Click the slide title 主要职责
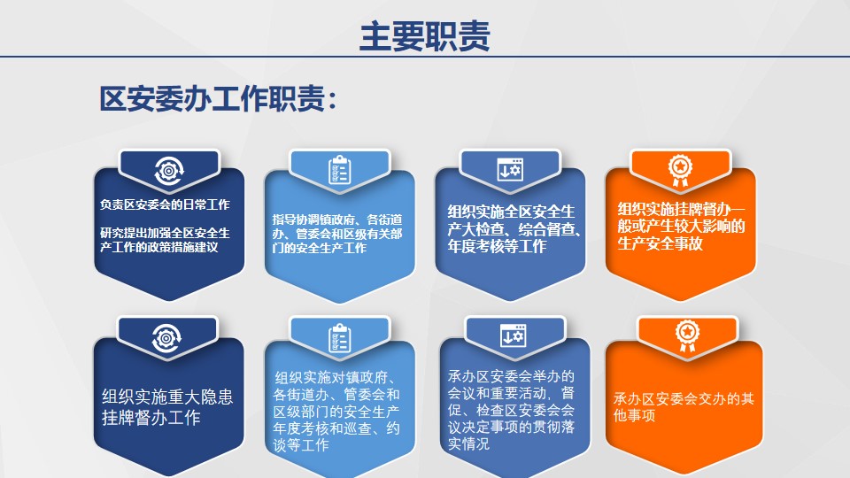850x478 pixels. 425,36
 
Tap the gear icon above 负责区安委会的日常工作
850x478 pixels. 168,171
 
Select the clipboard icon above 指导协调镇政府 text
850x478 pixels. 340,170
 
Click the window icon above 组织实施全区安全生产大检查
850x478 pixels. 510,170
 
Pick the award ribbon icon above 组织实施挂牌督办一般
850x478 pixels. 680,171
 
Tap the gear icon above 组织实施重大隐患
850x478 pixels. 166,339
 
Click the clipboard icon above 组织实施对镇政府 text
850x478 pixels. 340,338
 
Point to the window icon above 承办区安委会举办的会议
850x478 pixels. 513,336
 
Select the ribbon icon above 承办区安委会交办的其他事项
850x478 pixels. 687,336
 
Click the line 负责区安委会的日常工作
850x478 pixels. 165,204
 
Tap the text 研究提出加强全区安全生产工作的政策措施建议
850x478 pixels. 165,240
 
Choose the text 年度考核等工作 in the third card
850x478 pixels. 497,246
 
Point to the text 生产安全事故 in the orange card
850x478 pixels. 660,244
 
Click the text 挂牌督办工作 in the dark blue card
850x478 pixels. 151,417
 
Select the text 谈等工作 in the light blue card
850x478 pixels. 301,445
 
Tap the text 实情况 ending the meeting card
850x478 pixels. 469,443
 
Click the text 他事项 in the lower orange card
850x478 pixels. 634,415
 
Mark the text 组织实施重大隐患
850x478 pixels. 167,397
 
